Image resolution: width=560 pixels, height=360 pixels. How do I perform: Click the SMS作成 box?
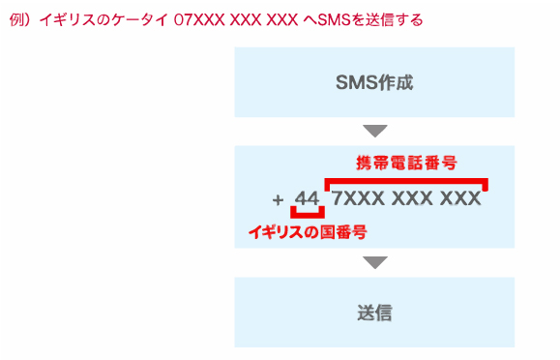[x=374, y=82]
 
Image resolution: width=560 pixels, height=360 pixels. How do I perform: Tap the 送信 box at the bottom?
[x=374, y=313]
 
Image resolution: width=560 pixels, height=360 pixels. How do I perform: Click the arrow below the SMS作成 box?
[x=374, y=131]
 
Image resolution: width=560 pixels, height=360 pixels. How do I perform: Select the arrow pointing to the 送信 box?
[x=374, y=262]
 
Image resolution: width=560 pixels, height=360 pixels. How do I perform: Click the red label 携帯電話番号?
[x=406, y=163]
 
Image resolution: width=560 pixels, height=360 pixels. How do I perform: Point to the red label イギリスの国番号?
[x=308, y=232]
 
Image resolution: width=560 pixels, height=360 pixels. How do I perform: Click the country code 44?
[x=307, y=199]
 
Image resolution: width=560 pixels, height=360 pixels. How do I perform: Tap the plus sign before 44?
[x=279, y=200]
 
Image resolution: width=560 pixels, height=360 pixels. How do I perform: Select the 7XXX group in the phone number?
[x=359, y=199]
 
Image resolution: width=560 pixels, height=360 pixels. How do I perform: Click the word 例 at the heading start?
[x=15, y=19]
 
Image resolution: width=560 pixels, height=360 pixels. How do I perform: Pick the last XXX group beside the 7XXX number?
[x=459, y=199]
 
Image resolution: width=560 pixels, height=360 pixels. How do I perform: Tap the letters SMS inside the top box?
[x=354, y=82]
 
